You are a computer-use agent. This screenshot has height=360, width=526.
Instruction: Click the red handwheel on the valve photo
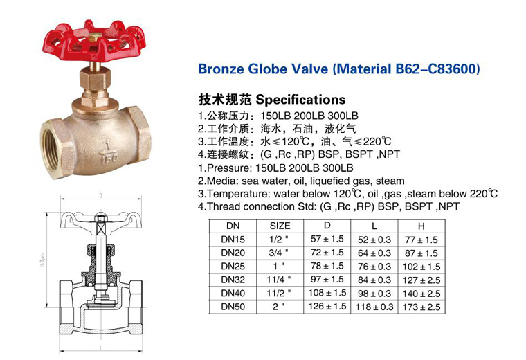pos(94,42)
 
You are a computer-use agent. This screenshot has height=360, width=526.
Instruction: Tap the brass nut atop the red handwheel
pos(96,37)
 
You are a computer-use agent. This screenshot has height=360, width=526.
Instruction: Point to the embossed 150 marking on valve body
pos(108,158)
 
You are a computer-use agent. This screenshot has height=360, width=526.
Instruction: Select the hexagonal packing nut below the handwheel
pos(96,81)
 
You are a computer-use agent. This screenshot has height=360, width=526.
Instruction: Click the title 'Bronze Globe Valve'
pos(263,69)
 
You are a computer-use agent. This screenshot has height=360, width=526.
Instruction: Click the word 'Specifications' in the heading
pos(300,100)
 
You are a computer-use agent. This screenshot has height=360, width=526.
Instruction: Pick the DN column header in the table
pos(233,226)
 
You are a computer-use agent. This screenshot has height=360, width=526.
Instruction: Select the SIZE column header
pos(280,226)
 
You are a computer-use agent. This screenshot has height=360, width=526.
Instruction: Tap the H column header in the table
pos(421,226)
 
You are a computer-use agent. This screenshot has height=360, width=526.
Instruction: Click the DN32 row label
pos(233,280)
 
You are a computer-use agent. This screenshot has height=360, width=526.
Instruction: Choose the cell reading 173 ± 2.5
pos(421,307)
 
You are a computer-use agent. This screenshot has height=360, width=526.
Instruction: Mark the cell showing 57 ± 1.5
pos(327,239)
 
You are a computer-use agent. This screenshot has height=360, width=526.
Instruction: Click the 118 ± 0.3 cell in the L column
pos(374,307)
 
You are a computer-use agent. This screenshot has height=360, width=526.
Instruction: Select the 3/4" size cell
pos(278,253)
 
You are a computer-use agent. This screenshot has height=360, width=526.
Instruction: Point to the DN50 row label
pos(233,306)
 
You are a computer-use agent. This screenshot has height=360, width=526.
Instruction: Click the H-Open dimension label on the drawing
pos(43,260)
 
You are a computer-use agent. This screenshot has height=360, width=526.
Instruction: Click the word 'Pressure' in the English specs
pos(229,168)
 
